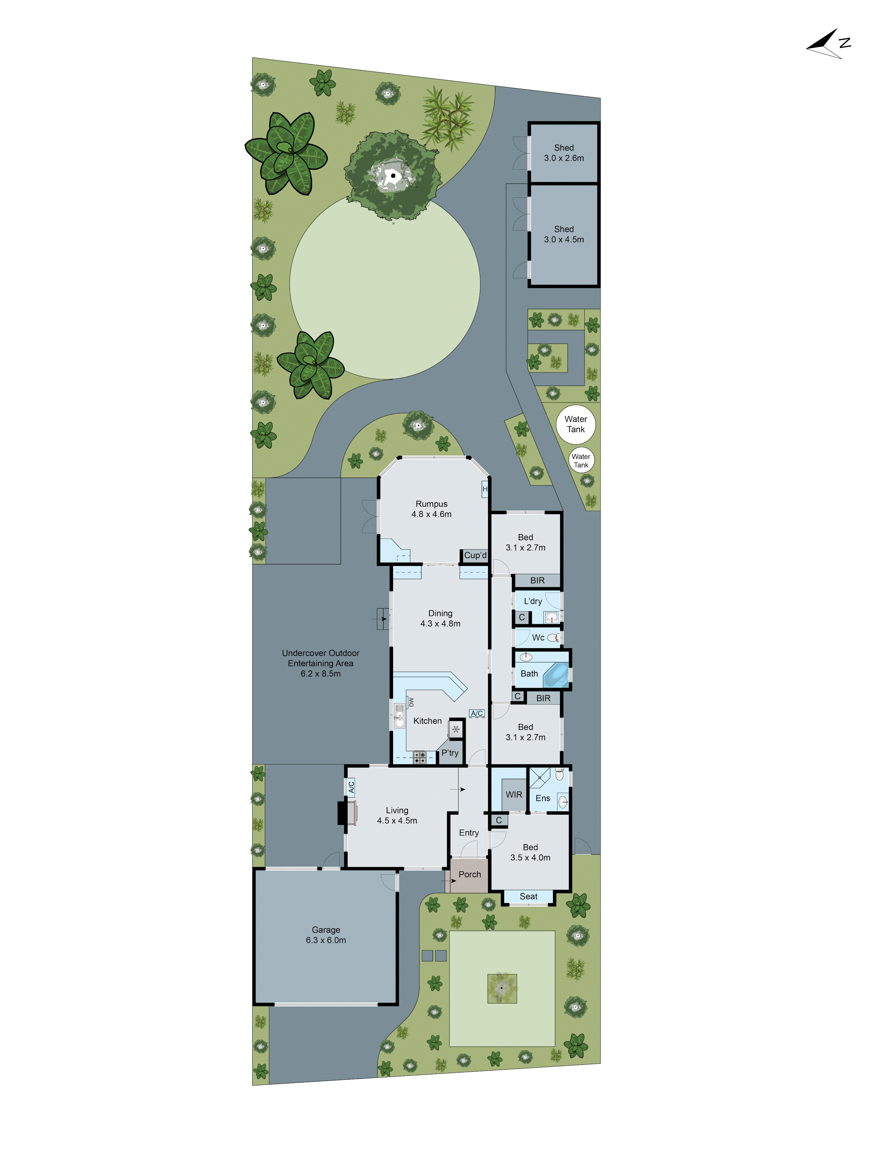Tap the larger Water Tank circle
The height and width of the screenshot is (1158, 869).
tap(575, 424)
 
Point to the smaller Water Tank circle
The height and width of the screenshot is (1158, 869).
tap(581, 461)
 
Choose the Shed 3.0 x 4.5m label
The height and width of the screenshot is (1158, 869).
tap(564, 234)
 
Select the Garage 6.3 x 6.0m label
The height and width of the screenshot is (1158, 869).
tap(326, 935)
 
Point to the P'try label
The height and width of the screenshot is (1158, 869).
tap(450, 753)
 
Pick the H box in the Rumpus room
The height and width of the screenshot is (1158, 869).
tap(485, 489)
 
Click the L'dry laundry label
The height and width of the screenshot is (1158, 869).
tap(533, 601)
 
